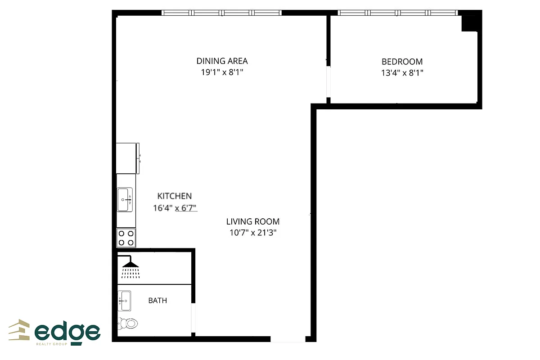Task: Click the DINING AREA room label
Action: (x=222, y=61)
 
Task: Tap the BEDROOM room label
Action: (x=402, y=62)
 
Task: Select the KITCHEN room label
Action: (x=174, y=196)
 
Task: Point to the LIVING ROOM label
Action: (x=252, y=221)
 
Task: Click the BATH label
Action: (x=157, y=300)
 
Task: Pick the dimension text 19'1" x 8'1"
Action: (x=222, y=72)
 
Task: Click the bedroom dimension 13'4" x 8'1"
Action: (x=402, y=72)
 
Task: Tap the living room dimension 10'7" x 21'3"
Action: (x=252, y=233)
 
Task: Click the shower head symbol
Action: (x=131, y=267)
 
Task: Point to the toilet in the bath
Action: (x=128, y=323)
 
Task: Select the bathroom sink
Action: (x=124, y=301)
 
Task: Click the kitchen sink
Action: (x=125, y=199)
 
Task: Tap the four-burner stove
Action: (x=126, y=238)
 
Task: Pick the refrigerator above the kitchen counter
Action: (x=127, y=158)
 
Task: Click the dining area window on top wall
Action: (x=221, y=13)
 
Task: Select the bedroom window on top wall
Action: (x=397, y=13)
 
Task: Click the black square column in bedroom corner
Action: (x=470, y=23)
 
